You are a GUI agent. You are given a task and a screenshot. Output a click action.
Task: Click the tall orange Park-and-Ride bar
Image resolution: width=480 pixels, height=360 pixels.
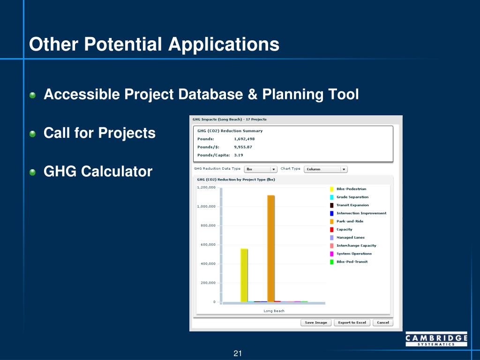click(271, 248)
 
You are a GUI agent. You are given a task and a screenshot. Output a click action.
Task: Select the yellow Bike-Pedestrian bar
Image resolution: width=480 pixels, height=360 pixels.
click(244, 275)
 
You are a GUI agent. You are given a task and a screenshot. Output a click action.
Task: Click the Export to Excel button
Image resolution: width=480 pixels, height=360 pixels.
click(352, 322)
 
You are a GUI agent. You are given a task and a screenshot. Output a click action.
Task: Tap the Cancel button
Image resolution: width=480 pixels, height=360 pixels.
click(383, 322)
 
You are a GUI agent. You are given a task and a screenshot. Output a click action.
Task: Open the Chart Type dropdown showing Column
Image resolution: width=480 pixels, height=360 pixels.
click(326, 169)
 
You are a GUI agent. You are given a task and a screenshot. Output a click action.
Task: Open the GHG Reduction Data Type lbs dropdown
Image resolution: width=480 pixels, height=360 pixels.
click(261, 169)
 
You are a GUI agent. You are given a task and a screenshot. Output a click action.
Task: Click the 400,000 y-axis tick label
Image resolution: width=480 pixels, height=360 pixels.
click(208, 264)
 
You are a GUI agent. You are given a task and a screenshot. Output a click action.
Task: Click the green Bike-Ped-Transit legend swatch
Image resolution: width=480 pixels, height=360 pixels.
click(331, 262)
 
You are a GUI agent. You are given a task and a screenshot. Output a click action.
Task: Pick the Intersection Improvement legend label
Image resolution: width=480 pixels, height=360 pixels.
click(361, 213)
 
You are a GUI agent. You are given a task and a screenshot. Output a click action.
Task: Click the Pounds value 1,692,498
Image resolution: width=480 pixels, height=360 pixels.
click(244, 139)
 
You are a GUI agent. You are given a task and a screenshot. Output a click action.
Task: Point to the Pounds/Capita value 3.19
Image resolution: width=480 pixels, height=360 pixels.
click(239, 155)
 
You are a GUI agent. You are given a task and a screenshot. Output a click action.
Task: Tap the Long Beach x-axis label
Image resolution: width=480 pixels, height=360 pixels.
click(274, 311)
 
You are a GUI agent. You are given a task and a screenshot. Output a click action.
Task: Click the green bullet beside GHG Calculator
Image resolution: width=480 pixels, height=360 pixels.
click(32, 172)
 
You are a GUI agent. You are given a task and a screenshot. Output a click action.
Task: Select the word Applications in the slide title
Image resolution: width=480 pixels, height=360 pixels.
click(224, 45)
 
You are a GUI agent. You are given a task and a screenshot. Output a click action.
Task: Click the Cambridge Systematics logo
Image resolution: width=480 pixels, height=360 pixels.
click(436, 339)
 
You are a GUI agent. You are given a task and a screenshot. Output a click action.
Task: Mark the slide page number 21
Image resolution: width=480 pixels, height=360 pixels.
click(238, 353)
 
